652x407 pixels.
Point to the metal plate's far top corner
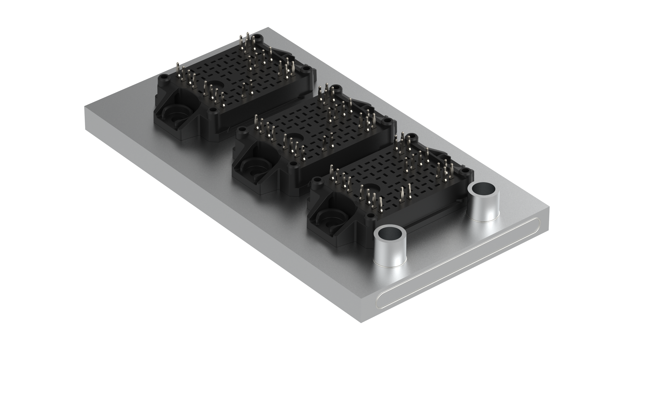pyautogui.click(x=268, y=27)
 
